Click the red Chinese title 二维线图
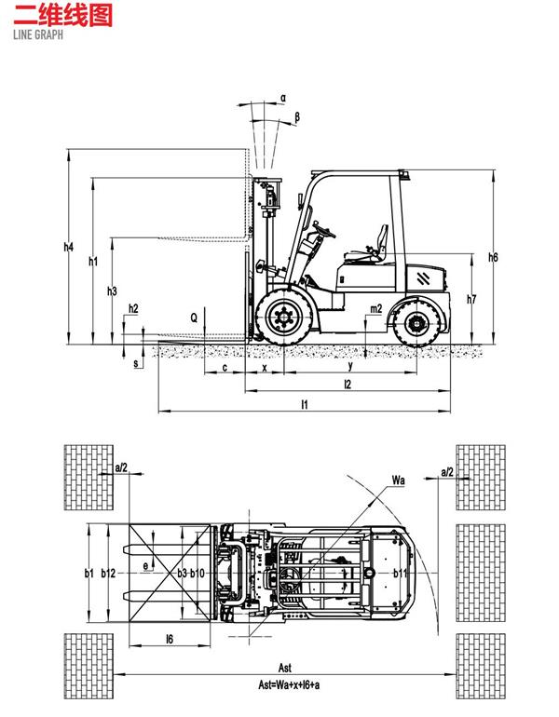(62, 15)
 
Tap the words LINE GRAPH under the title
(38, 34)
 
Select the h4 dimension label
(69, 248)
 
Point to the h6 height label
(493, 257)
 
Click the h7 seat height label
(471, 300)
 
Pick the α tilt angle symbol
(283, 98)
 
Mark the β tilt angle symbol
(297, 117)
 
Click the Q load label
(194, 318)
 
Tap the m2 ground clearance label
(376, 309)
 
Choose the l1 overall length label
(305, 404)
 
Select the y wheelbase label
(351, 366)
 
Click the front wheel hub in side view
(284, 317)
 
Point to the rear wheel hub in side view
(417, 324)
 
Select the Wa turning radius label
(399, 480)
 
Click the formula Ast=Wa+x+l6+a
(289, 685)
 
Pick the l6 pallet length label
(170, 640)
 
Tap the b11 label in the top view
(401, 574)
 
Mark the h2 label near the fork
(133, 309)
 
